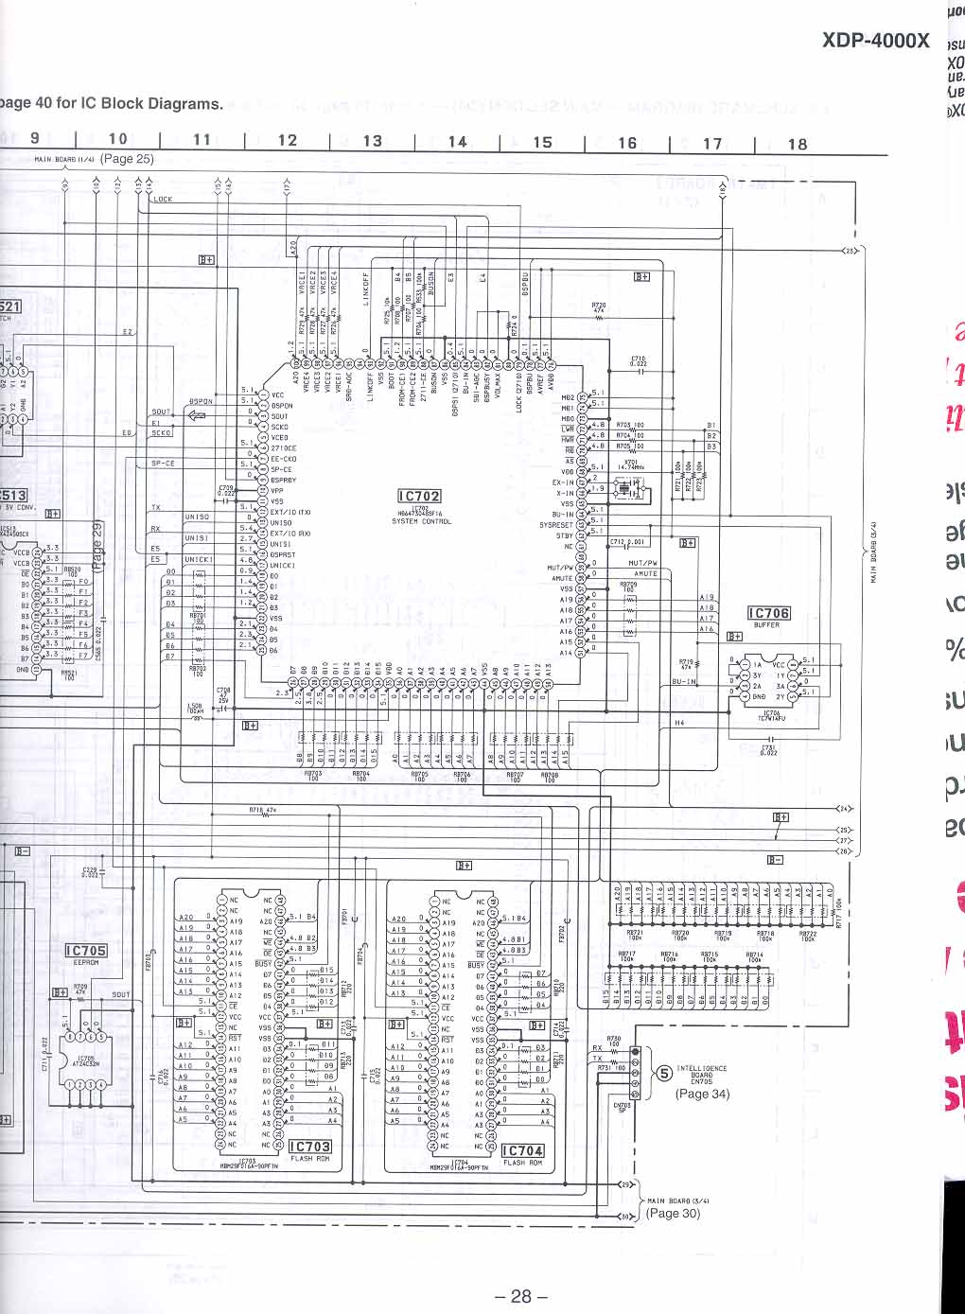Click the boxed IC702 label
[419, 496]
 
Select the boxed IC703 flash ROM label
[309, 1147]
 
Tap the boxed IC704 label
[522, 1150]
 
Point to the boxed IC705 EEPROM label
[86, 950]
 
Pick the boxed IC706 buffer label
[767, 613]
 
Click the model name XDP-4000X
[875, 41]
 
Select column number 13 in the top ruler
[373, 141]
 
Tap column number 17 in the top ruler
[712, 144]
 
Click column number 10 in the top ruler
[117, 139]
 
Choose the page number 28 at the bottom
[520, 1297]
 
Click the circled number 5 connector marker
[664, 1073]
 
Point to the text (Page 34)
[702, 1094]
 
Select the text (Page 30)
[673, 1214]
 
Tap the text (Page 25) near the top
[127, 159]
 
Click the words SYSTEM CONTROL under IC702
[421, 521]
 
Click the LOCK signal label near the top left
[163, 200]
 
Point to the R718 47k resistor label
[262, 810]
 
